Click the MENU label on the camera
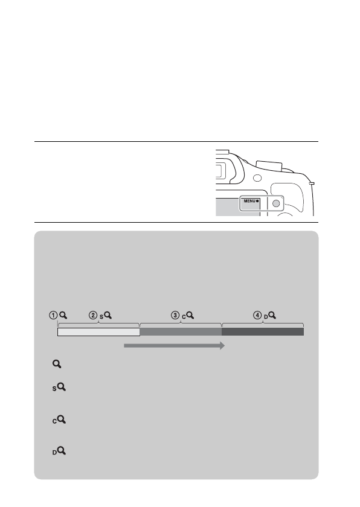pos(249,201)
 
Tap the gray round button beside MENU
pos(276,203)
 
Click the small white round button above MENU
pos(257,178)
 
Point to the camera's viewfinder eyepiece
pos(219,170)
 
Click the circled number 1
pos(53,315)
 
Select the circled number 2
pos(93,315)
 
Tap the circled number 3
pos(175,315)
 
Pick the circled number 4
pos(257,315)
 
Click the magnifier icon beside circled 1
pos(63,315)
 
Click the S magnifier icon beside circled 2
pos(106,316)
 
